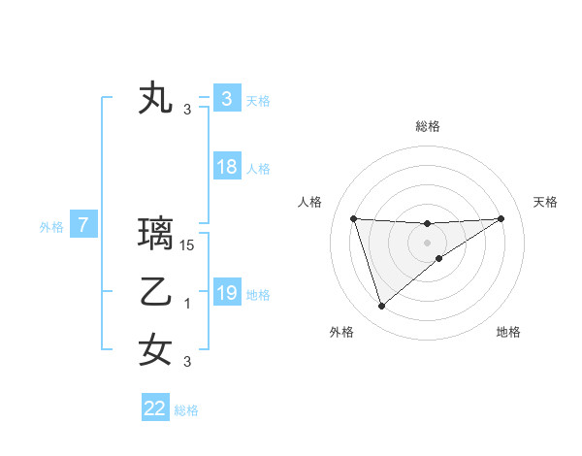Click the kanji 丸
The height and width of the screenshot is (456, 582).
point(156,99)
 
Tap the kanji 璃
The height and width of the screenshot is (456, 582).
point(156,234)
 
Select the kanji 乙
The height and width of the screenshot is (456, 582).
point(156,292)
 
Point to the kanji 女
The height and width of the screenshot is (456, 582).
point(156,349)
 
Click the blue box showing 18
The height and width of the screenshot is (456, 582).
point(226,167)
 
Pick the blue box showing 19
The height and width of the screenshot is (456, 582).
point(226,293)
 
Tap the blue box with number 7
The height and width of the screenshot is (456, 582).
point(83,226)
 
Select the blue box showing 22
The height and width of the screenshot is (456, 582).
point(155,408)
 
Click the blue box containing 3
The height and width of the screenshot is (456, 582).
point(226,99)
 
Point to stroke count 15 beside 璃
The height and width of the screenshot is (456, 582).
point(188,245)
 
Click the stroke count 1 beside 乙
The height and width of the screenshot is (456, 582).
point(188,304)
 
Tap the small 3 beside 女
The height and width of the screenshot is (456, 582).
point(188,362)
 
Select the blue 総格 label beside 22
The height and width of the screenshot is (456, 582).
point(186,410)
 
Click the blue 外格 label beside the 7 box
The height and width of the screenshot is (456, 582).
point(51,227)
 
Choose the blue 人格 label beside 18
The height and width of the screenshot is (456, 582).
point(258,169)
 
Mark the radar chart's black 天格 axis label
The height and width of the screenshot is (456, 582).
point(545,202)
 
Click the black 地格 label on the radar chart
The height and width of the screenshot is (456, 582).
point(508,332)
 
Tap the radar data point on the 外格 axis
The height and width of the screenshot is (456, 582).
point(381,307)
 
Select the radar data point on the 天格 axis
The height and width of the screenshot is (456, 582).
point(501,218)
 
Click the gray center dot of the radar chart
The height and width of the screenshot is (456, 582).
point(427,243)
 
